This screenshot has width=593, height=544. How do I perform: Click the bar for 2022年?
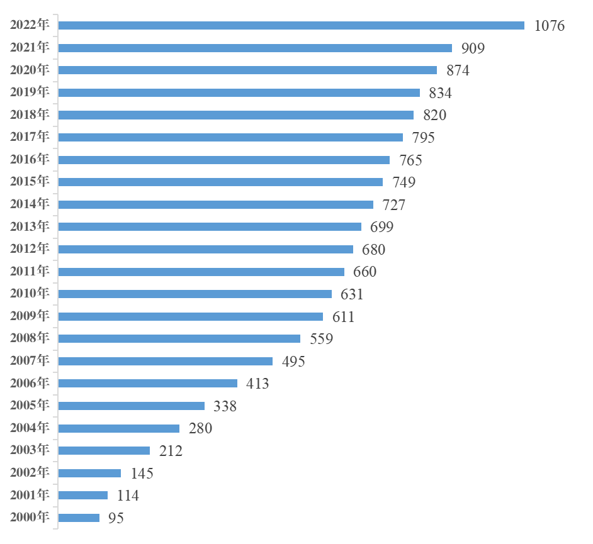[x=291, y=26]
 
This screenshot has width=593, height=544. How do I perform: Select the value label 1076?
[x=549, y=26]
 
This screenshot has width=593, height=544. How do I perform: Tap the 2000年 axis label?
[x=30, y=518]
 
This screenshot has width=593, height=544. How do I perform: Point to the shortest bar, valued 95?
[x=79, y=518]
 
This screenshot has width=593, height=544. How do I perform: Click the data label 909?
[x=473, y=48]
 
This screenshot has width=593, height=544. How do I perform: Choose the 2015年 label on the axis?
[x=30, y=182]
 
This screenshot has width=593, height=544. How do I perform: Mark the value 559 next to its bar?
[x=321, y=339]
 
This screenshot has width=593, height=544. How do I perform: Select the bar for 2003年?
[x=104, y=450]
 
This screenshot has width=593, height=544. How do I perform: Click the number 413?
[x=257, y=384]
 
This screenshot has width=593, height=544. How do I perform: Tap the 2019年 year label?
[x=30, y=92]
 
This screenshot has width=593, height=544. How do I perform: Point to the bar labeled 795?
[x=230, y=137]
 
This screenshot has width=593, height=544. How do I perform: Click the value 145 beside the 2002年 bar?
[x=142, y=474]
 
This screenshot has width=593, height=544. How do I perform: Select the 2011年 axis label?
[x=30, y=271]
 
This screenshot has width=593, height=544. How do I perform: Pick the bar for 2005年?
[x=131, y=406]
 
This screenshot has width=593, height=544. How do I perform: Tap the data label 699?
[x=381, y=227]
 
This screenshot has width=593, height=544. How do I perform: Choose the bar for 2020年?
[x=247, y=70]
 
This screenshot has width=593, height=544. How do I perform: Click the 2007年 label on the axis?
[x=30, y=361]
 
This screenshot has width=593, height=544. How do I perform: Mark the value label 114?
[x=128, y=496]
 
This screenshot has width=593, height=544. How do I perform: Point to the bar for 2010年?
[x=195, y=294]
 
